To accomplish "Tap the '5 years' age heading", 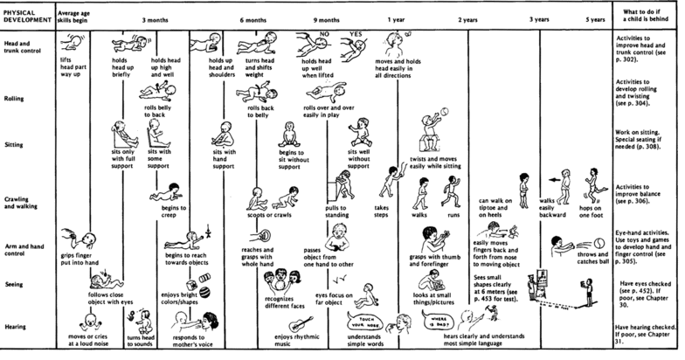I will [x=596, y=18].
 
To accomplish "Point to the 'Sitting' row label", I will [x=17, y=148].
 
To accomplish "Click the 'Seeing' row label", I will [x=17, y=282].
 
